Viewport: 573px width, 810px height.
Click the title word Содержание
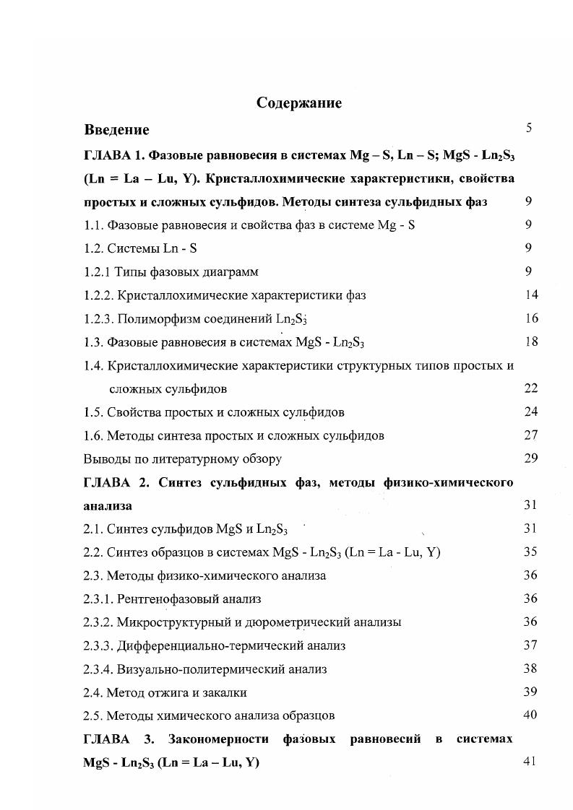[298, 103]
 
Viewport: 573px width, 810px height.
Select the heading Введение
[116, 130]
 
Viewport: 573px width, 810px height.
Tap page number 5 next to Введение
[529, 129]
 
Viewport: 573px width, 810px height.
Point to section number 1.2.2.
[98, 295]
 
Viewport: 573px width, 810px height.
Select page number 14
[530, 295]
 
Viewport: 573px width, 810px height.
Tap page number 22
[530, 388]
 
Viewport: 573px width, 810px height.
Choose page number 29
[530, 458]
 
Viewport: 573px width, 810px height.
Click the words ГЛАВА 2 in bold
[113, 482]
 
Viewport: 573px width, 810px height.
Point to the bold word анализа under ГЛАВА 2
[108, 506]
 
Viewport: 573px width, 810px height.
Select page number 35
[530, 552]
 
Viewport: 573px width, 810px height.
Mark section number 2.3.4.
[98, 669]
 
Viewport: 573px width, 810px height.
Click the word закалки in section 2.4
[226, 692]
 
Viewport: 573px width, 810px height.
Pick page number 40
[530, 715]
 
